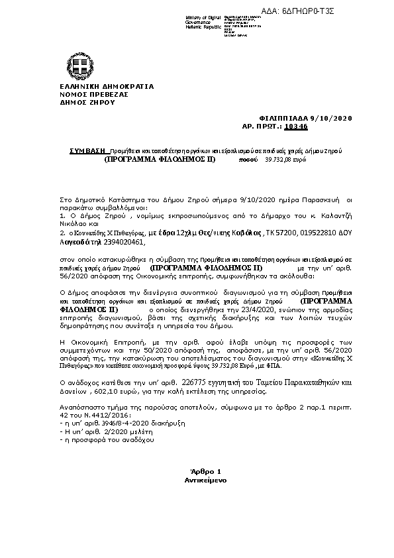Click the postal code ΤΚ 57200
tap(276, 233)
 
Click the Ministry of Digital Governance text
tap(203, 21)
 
